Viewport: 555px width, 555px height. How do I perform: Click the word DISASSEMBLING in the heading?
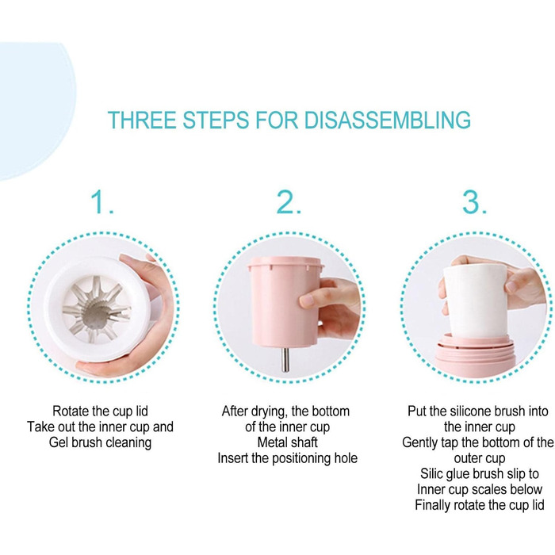click(387, 120)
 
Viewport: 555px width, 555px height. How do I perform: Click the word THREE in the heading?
click(142, 120)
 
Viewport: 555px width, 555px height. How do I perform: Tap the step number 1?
click(102, 201)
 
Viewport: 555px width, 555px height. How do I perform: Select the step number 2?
click(289, 201)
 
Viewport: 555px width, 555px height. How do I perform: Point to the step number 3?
click(475, 201)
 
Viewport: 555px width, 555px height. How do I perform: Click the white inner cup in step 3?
click(474, 301)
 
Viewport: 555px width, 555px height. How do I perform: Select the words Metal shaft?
click(287, 442)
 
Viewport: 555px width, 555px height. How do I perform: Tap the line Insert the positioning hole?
click(287, 458)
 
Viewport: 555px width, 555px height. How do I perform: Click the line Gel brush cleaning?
click(100, 442)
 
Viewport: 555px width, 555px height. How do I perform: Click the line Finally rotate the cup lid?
click(480, 505)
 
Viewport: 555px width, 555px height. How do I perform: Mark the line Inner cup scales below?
click(480, 489)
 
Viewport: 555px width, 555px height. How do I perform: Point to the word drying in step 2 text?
click(269, 411)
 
